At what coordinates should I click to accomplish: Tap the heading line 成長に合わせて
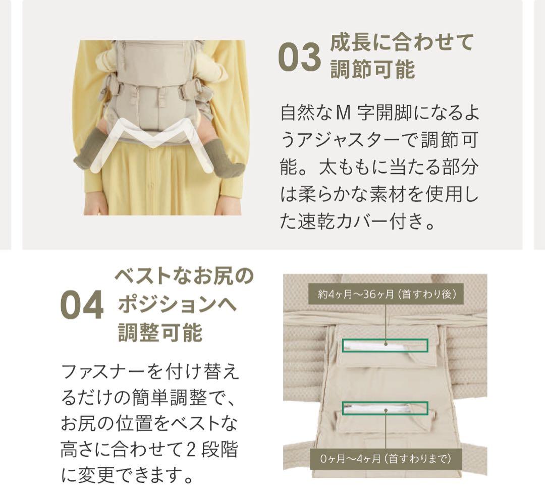pos(402,43)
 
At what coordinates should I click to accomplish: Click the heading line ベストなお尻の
pos(184,277)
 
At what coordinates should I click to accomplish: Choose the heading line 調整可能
pos(160,333)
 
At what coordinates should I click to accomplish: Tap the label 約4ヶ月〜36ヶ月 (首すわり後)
pos(386,294)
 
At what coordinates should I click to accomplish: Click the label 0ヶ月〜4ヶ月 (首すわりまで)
pos(386,459)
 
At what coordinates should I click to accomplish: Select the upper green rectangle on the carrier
pos(385,345)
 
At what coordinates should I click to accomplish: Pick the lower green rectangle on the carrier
pos(385,408)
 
